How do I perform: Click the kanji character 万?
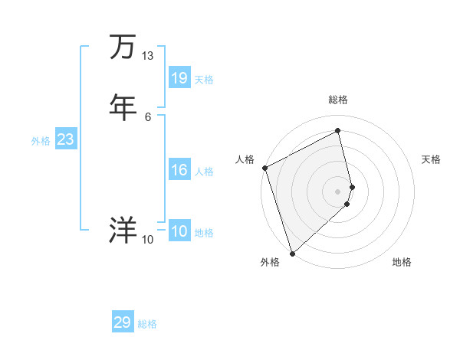pos(123,47)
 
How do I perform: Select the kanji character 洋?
pos(123,230)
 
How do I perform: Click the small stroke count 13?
pos(147,56)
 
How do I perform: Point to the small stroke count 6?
pos(147,116)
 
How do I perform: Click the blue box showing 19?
pos(179,78)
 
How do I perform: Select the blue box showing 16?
pos(179,170)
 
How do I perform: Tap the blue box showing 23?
pos(65,139)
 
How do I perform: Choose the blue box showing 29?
pos(123,322)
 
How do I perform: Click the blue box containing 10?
pos(179,231)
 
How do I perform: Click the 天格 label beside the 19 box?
pos(204,80)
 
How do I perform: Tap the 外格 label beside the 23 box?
pos(41,141)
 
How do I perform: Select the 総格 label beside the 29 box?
pos(147,324)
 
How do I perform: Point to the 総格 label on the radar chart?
pos(338,100)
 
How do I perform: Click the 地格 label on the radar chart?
pos(402,263)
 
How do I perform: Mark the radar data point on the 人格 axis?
pos(264,168)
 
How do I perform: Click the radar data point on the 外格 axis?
pos(291,253)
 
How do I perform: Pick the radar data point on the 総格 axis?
pos(338,131)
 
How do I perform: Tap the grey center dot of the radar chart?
pos(338,191)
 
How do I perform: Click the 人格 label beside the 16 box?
pos(204,172)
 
